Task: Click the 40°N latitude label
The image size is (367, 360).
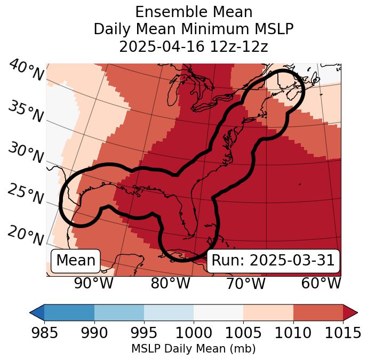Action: [x=26, y=71]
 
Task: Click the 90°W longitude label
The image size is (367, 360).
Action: [x=94, y=283]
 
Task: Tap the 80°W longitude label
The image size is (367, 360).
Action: [x=170, y=283]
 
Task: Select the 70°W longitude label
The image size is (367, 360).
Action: [x=245, y=283]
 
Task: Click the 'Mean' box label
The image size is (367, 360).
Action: [x=76, y=261]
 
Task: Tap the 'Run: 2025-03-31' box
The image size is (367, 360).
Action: [x=273, y=261]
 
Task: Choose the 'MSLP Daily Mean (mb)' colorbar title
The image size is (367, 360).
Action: [x=193, y=349]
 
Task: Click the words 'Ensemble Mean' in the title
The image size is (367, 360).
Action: [x=194, y=12]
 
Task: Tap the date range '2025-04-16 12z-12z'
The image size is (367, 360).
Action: [x=194, y=46]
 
